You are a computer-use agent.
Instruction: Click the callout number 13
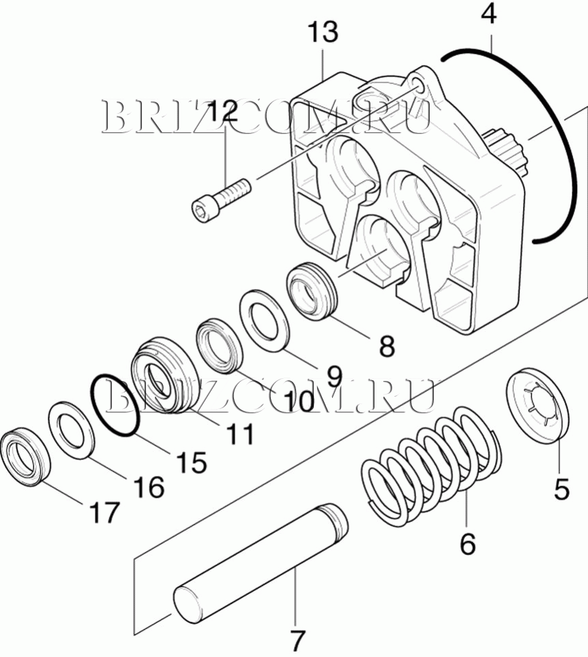(x=323, y=32)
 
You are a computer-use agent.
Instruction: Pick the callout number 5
(x=561, y=489)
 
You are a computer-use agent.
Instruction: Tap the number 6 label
(x=467, y=543)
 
